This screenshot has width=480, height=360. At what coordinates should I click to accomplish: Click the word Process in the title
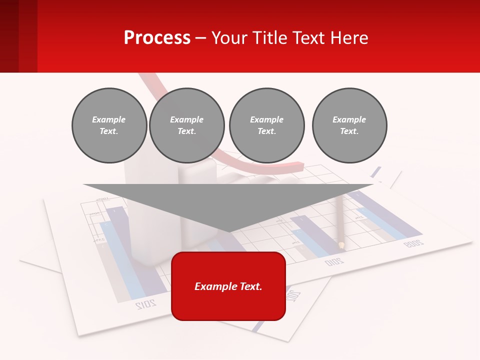157,38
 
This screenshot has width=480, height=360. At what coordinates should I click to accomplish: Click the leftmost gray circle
109,125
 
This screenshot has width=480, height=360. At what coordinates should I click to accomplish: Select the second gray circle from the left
187,125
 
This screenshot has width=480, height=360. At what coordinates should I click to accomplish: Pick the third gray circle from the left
267,125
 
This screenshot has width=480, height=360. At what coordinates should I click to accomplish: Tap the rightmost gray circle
349,125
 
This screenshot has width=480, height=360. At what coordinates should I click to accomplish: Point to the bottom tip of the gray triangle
229,231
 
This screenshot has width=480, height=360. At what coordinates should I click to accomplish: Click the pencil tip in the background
341,245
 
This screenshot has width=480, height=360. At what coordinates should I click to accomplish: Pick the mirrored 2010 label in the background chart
334,261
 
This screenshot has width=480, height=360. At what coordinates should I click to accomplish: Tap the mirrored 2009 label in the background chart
413,243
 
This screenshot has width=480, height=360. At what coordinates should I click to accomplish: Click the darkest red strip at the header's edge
9,36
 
